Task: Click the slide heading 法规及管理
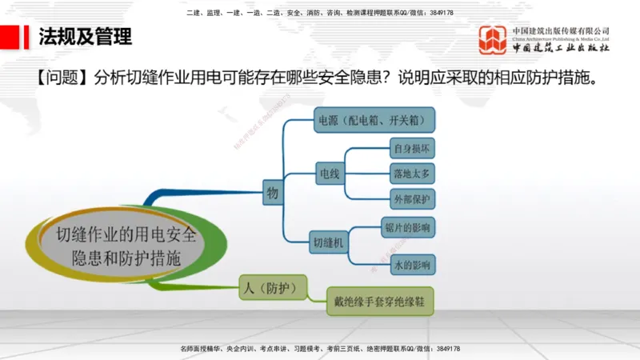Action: (85, 36)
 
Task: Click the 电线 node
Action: (329, 173)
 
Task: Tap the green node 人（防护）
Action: (272, 287)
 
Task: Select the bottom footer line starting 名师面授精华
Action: (320, 349)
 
